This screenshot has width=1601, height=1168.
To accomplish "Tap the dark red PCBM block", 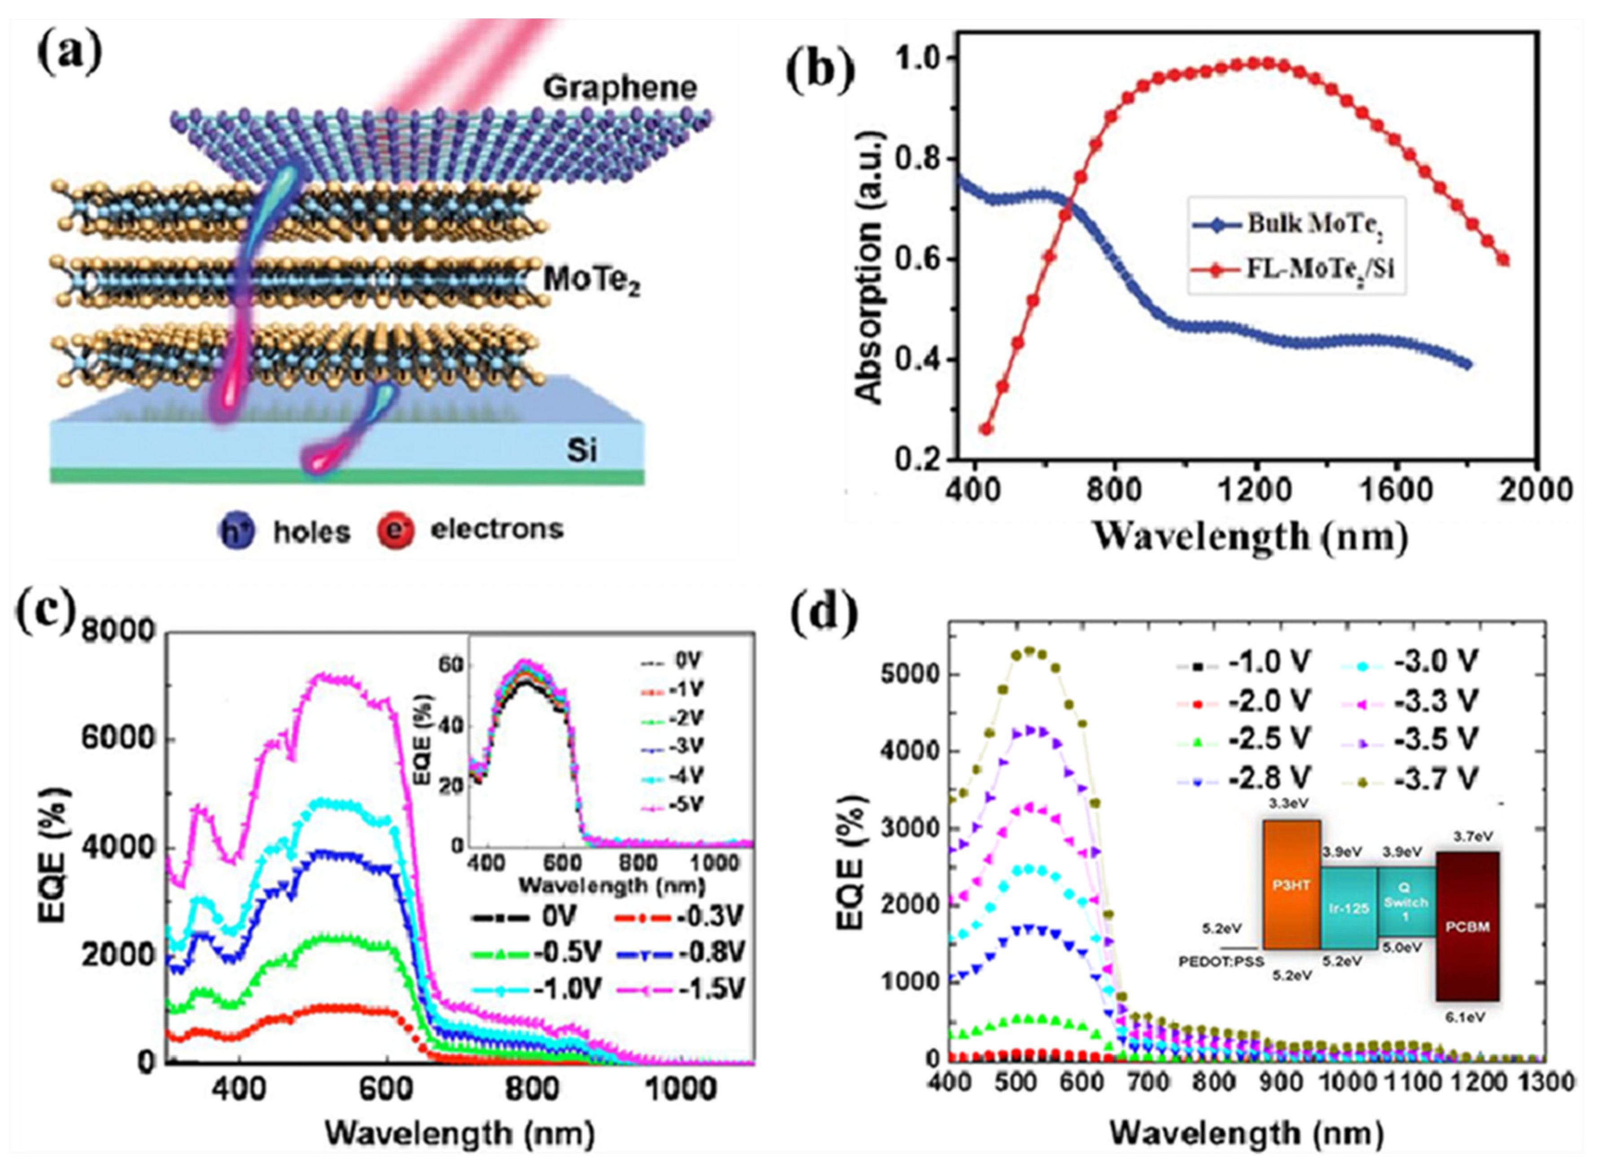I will point(1467,926).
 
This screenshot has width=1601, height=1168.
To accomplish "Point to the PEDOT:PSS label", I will point(1221,962).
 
